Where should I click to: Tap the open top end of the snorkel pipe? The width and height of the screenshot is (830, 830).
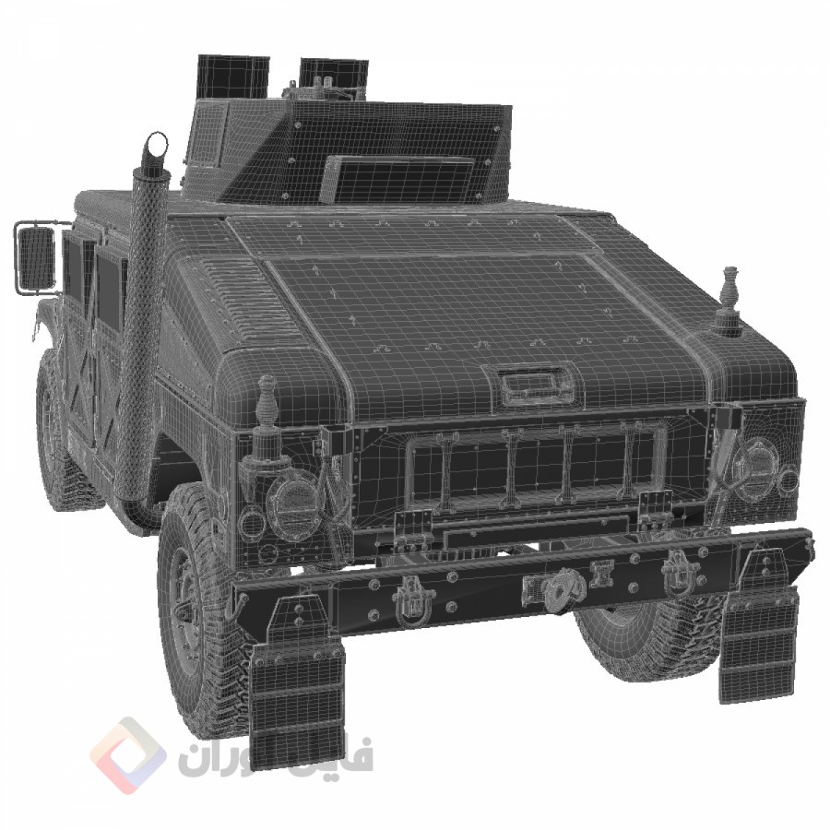[x=158, y=144]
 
